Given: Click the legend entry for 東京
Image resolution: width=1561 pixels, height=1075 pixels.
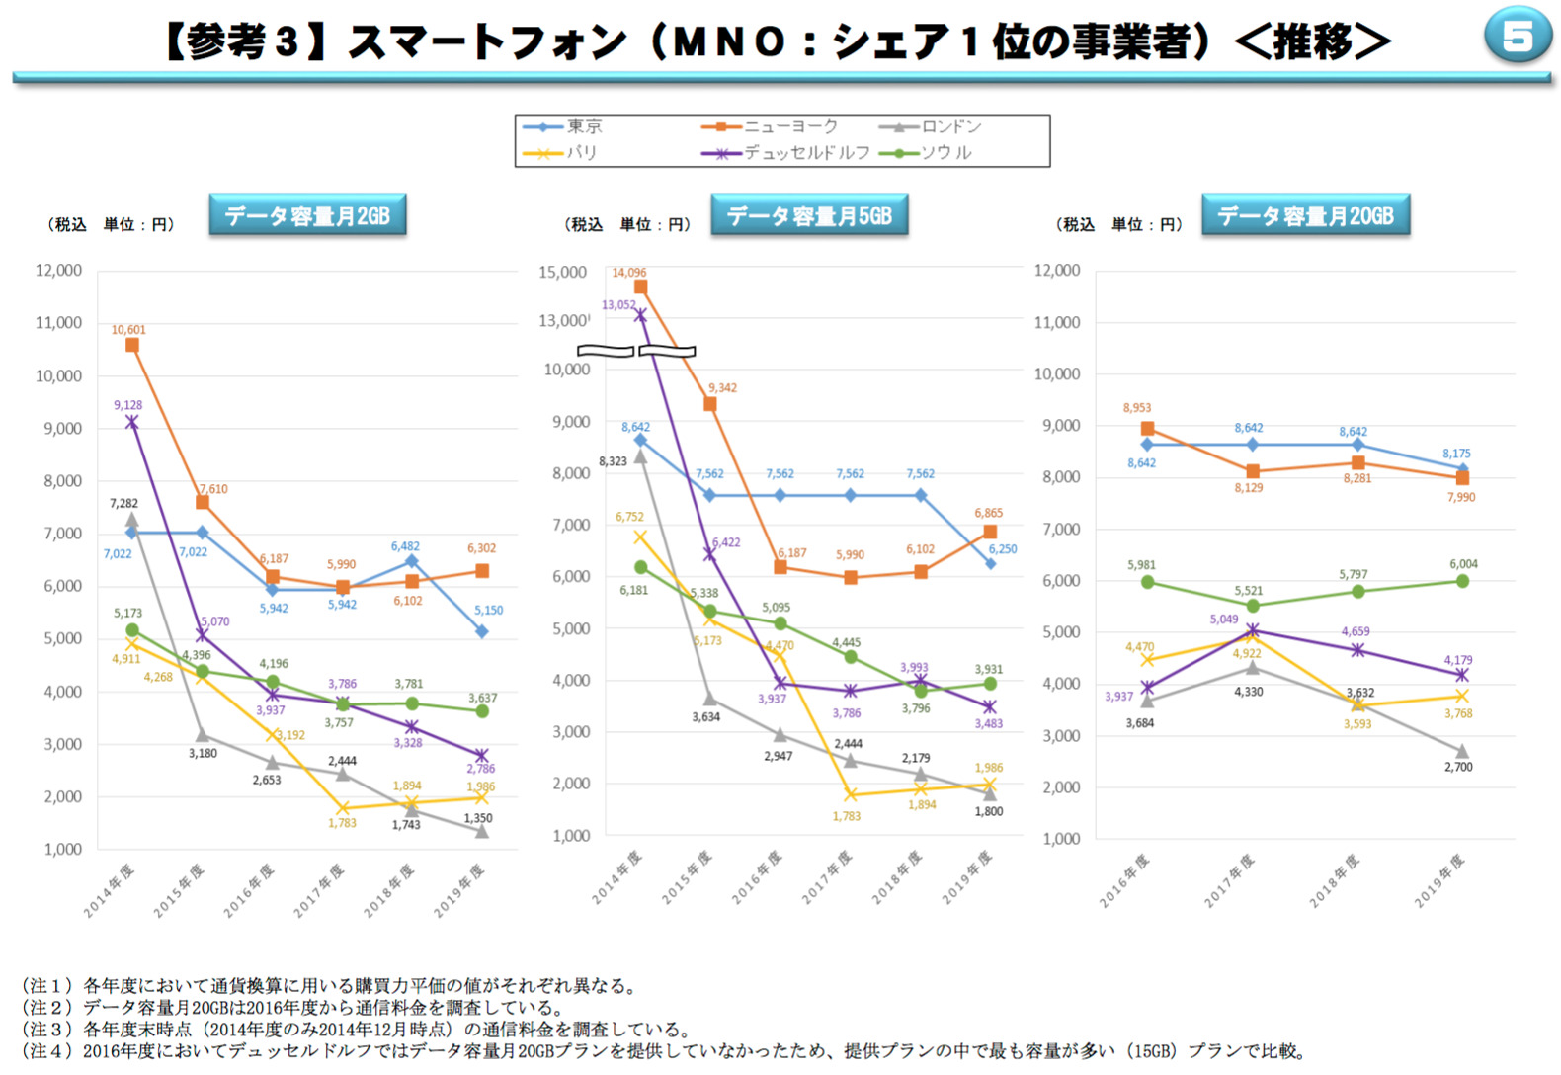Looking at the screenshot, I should click(x=563, y=126).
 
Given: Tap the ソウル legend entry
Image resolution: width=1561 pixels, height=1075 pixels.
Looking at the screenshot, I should click(x=930, y=153).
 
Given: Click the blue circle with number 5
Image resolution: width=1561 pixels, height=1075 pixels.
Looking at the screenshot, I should click(x=1518, y=36).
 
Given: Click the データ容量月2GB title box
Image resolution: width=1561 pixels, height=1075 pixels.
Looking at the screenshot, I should click(x=307, y=215).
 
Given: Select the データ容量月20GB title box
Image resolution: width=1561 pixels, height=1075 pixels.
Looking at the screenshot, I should click(x=1305, y=215).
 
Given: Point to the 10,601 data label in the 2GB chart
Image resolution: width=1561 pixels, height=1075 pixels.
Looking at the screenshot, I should click(x=128, y=330).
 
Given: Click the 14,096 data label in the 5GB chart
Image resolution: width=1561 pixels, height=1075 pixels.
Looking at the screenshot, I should click(x=629, y=273).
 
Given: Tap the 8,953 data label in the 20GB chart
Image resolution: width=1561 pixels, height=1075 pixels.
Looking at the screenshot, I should click(x=1136, y=408).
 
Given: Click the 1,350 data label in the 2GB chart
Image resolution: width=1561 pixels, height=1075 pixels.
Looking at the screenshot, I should click(x=478, y=818).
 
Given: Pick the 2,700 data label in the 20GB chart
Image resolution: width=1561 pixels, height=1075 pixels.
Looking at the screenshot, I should click(x=1458, y=767).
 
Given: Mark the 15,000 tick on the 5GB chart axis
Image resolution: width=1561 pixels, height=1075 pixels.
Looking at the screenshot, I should click(x=562, y=272).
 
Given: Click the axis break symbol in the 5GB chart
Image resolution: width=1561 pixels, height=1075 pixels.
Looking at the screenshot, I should click(x=636, y=351).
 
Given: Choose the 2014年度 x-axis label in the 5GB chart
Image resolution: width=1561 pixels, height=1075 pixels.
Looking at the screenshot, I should click(x=617, y=876).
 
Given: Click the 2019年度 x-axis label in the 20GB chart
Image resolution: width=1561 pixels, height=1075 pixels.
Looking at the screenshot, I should click(x=1439, y=880).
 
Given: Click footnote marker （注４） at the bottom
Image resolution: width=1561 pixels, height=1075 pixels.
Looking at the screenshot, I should click(x=47, y=1051).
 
